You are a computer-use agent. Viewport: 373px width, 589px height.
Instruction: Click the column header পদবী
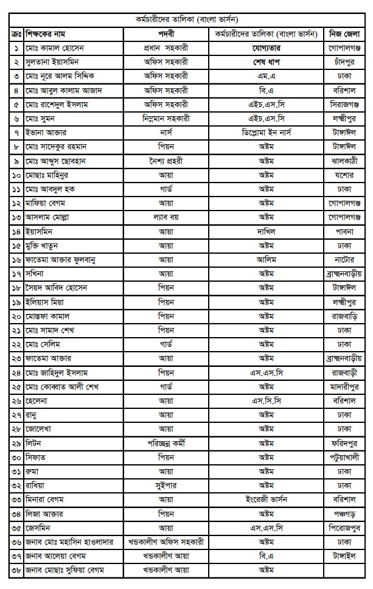[166, 32]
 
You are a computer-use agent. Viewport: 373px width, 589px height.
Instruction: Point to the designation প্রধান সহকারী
[166, 47]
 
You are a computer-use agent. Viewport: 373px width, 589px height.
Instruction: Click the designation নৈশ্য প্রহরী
[166, 161]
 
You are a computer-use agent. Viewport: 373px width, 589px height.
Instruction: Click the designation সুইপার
[166, 486]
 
